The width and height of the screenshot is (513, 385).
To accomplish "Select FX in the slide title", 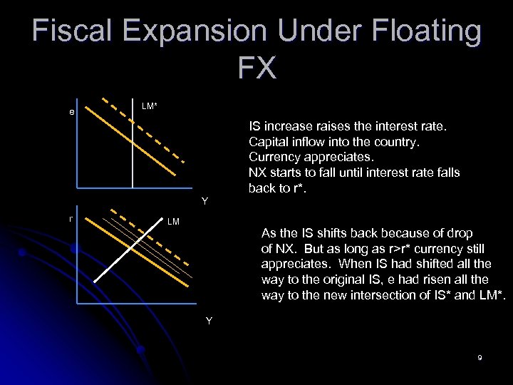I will point(256,68).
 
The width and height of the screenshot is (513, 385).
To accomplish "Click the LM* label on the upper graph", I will point(150,106).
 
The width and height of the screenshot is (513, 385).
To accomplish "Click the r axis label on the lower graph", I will point(71,218).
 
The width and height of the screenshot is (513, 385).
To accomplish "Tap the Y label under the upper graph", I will point(204,201).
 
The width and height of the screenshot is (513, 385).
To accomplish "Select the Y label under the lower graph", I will point(209,321).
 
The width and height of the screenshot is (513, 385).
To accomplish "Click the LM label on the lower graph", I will point(172,222).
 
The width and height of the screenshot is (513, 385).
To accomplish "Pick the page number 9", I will point(480,357).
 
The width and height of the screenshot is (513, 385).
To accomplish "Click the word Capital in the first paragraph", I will point(269,141).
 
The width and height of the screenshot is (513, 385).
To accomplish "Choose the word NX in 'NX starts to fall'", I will point(257,173).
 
